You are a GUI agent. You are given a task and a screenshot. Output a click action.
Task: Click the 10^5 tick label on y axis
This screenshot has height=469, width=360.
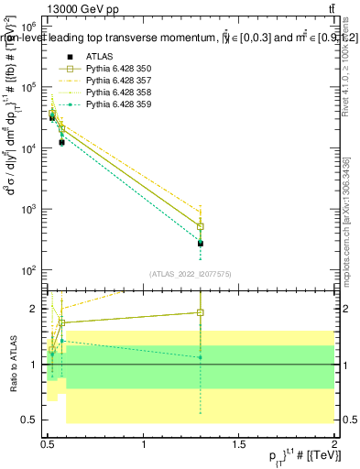tap(28, 88)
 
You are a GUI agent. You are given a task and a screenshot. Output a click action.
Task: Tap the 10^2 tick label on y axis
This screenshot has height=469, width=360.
tap(28, 271)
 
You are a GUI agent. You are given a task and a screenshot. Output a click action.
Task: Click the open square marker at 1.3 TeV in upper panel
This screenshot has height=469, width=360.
tap(201, 226)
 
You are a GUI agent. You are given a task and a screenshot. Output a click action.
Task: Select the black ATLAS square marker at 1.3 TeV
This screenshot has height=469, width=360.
tap(201, 243)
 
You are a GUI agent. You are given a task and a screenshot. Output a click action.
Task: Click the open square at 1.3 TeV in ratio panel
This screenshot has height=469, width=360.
tap(201, 312)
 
